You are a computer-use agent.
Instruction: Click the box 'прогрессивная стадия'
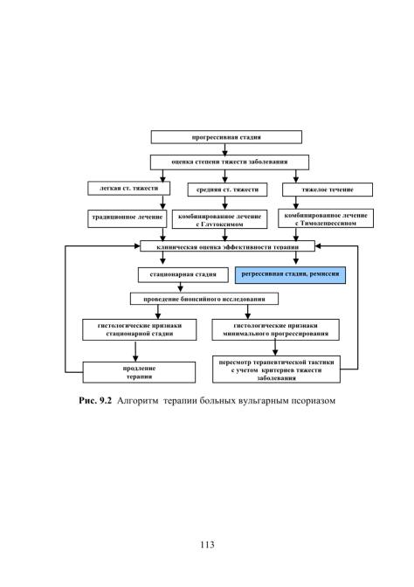pos(226,137)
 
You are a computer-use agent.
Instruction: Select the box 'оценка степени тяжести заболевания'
pos(230,162)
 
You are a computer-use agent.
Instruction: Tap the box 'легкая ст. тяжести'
pos(128,189)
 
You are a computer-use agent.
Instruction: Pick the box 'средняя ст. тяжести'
pos(227,190)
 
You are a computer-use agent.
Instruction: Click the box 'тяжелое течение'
pos(328,190)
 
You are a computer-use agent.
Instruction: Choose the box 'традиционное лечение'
pos(128,218)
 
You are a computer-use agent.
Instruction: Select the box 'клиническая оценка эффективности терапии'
pos(227,246)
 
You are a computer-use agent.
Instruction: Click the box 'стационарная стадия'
pos(183,274)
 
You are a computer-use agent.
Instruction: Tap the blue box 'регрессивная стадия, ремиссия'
pos(290,275)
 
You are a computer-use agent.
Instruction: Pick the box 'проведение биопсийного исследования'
pos(204,299)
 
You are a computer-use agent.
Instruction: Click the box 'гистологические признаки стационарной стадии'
pos(139,330)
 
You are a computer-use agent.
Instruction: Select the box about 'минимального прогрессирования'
pos(275,330)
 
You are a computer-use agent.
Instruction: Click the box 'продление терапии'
pos(139,372)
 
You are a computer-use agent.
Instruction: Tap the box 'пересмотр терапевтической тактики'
pos(276,369)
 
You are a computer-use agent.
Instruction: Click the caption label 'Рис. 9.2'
pos(95,401)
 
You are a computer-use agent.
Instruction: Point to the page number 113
pos(207,544)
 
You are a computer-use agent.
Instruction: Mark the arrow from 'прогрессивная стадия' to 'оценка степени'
pos(225,149)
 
